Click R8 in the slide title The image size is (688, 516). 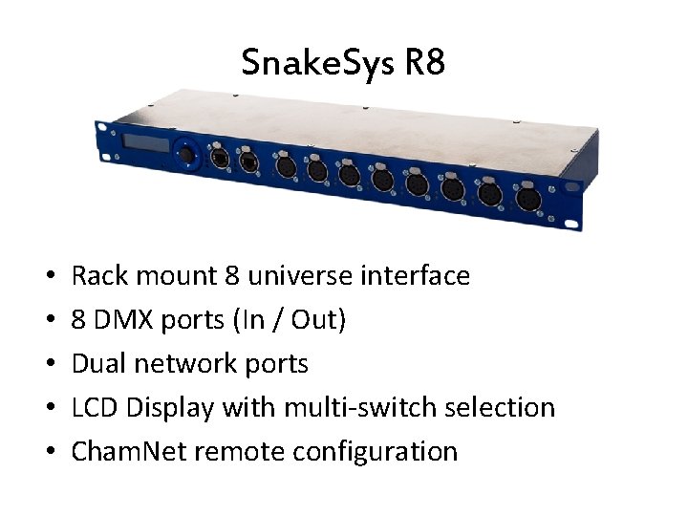click(x=424, y=64)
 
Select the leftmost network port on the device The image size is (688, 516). click(x=219, y=159)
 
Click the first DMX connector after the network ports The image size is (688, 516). click(x=285, y=167)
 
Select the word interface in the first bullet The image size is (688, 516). click(x=415, y=276)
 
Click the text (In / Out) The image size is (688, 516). click(x=288, y=320)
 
